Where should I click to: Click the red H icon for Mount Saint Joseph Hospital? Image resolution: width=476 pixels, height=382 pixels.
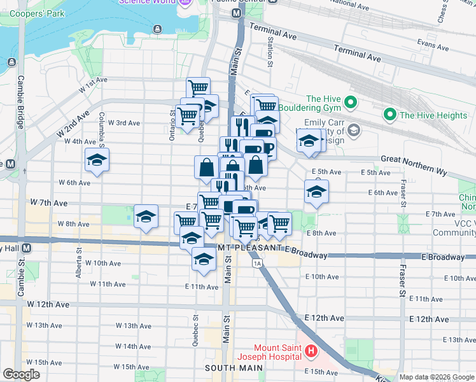[311, 351]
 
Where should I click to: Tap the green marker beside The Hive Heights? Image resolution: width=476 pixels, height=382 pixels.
[389, 115]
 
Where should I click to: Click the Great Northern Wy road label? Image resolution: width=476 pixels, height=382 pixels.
[414, 159]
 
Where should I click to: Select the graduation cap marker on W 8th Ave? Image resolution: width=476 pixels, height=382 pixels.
[146, 216]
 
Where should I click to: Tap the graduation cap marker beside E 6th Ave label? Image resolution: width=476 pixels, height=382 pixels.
[316, 192]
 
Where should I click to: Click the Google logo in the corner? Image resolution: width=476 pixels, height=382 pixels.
[21, 374]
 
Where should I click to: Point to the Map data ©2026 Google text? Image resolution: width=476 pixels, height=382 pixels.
[437, 377]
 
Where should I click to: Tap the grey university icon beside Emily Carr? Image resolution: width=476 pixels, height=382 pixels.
[354, 131]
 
